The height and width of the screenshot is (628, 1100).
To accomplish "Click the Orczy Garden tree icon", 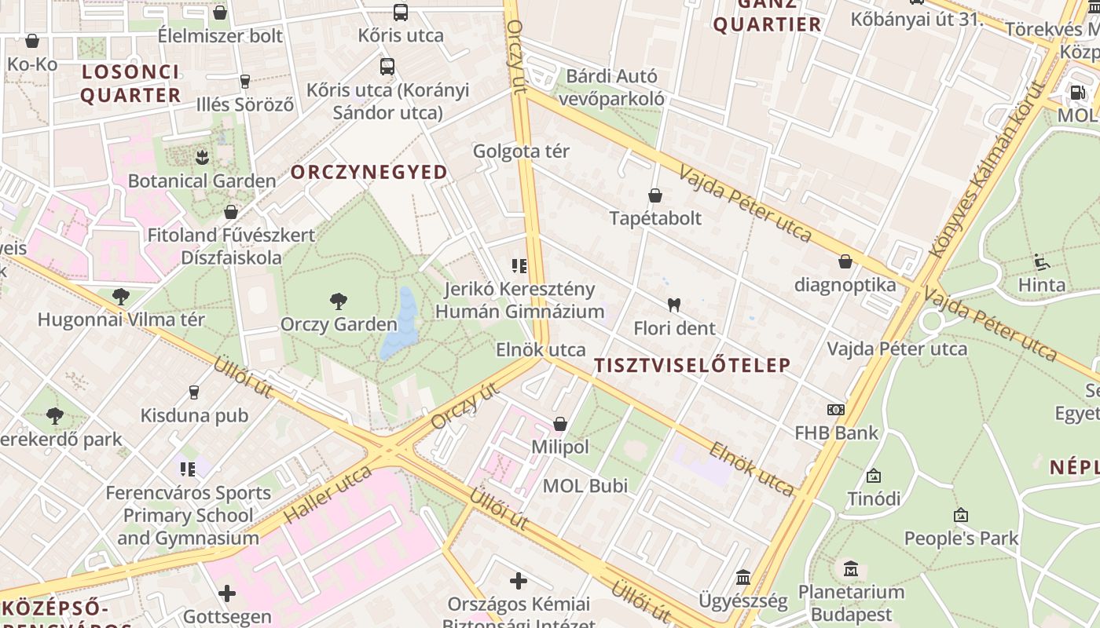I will tap(339, 301).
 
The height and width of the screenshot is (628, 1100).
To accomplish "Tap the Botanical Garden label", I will tap(202, 181).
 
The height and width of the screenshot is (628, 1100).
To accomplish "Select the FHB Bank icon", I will tap(835, 409).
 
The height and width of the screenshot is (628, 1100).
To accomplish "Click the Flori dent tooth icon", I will tap(673, 305).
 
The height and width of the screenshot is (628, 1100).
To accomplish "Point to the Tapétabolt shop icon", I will tap(655, 195).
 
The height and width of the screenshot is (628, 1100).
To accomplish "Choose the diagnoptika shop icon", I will tap(845, 261).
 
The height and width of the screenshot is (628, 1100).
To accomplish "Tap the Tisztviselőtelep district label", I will tap(692, 365).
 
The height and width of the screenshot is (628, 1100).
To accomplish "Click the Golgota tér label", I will tap(521, 151).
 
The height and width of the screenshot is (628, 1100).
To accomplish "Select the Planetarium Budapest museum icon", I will tap(850, 568).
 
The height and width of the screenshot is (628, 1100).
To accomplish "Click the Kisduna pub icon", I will tap(194, 392).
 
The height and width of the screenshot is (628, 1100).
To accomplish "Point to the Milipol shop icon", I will tap(559, 424).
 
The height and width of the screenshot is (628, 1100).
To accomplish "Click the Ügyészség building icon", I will tap(742, 578).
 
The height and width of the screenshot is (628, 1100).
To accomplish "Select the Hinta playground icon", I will tap(1041, 261).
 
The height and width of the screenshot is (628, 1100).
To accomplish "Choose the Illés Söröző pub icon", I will tap(245, 81).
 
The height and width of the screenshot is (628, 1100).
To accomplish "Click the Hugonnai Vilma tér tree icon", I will tap(121, 296).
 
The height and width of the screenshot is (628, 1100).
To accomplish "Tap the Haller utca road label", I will tap(328, 494).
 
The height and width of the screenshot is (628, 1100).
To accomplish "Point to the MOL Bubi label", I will tap(585, 486).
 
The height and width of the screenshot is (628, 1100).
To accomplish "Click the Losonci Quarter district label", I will tap(130, 83).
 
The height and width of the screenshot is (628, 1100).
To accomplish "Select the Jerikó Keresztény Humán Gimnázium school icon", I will tap(519, 265).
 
